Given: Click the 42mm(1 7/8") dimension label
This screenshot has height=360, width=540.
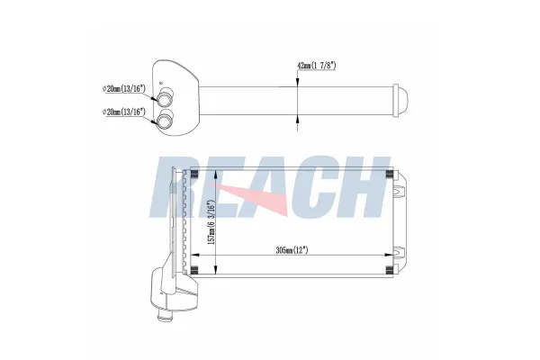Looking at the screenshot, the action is point(316,66).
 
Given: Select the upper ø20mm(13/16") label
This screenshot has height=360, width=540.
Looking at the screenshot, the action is point(124,88).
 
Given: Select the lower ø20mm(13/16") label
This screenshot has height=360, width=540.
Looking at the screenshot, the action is point(124,112).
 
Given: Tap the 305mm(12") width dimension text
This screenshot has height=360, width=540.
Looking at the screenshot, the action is point(292,250).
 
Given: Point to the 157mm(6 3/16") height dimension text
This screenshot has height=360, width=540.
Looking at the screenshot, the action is point(211,223).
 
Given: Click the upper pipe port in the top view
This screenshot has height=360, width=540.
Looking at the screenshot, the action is point(165,96).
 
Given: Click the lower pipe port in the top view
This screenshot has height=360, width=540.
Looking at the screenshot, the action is point(165,119).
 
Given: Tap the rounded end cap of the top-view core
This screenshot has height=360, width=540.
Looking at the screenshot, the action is point(400,100).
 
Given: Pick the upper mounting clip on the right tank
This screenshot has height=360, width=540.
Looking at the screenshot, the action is point(399,191).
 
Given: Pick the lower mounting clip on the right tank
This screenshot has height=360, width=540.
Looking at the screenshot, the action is point(399,253).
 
